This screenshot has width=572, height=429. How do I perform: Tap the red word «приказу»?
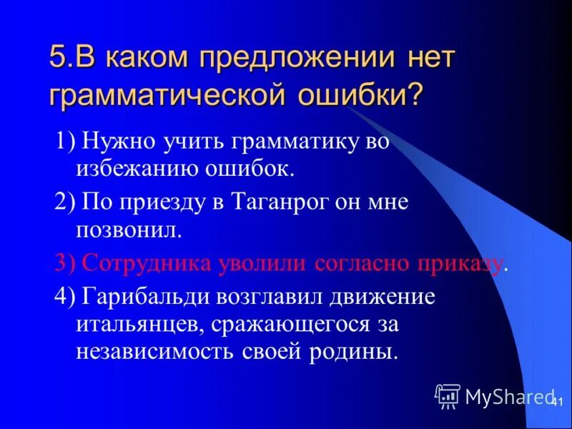click(461, 262)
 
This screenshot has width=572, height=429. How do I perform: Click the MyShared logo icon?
click(448, 395)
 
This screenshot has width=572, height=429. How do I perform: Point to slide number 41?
click(558, 403)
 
